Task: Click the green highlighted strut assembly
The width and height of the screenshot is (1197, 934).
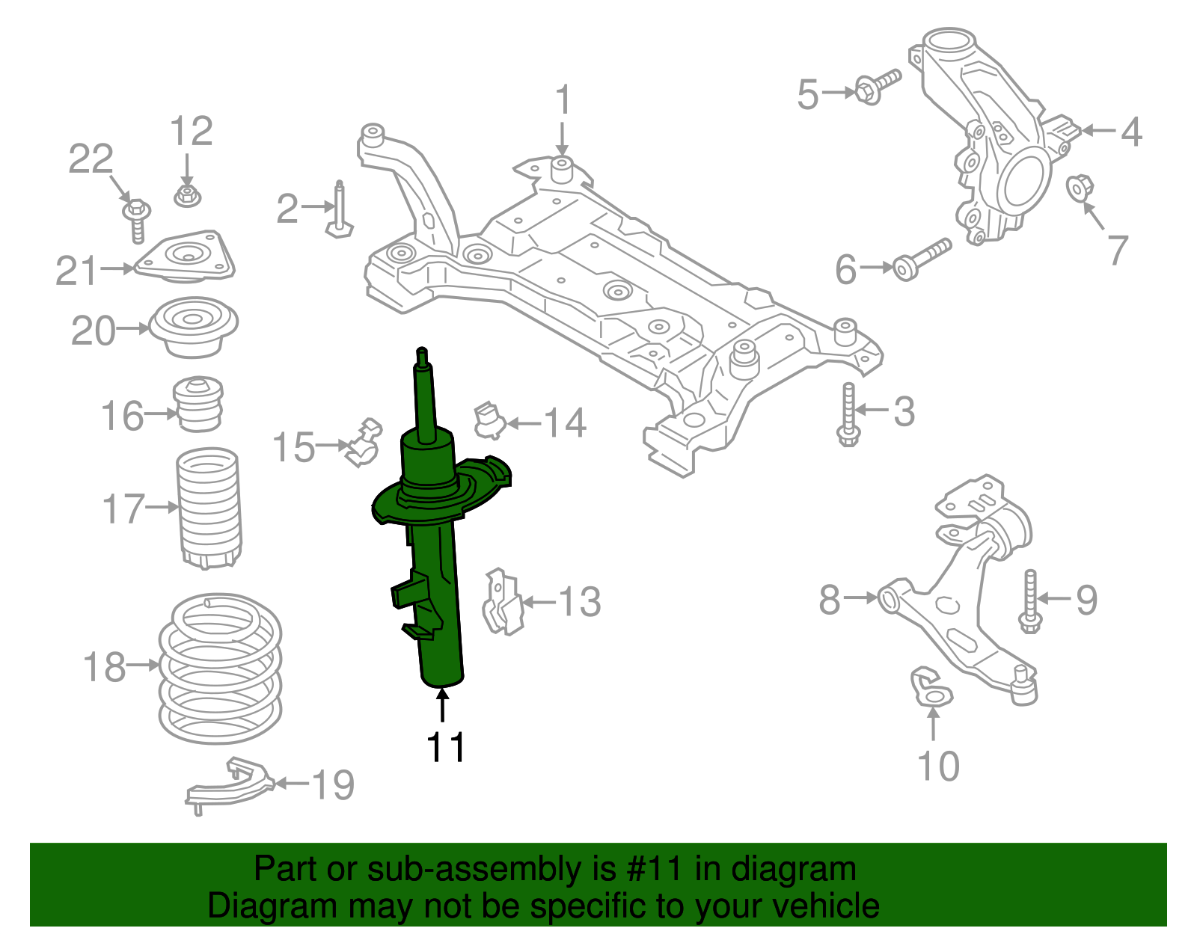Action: point(438,583)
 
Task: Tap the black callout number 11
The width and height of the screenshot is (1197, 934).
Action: point(446,747)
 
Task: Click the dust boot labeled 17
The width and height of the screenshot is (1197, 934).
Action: point(209,509)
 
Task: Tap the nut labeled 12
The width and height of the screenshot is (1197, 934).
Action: point(186,197)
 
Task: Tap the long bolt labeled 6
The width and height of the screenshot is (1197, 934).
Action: point(920,259)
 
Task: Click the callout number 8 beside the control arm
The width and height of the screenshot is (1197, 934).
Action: point(830,599)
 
